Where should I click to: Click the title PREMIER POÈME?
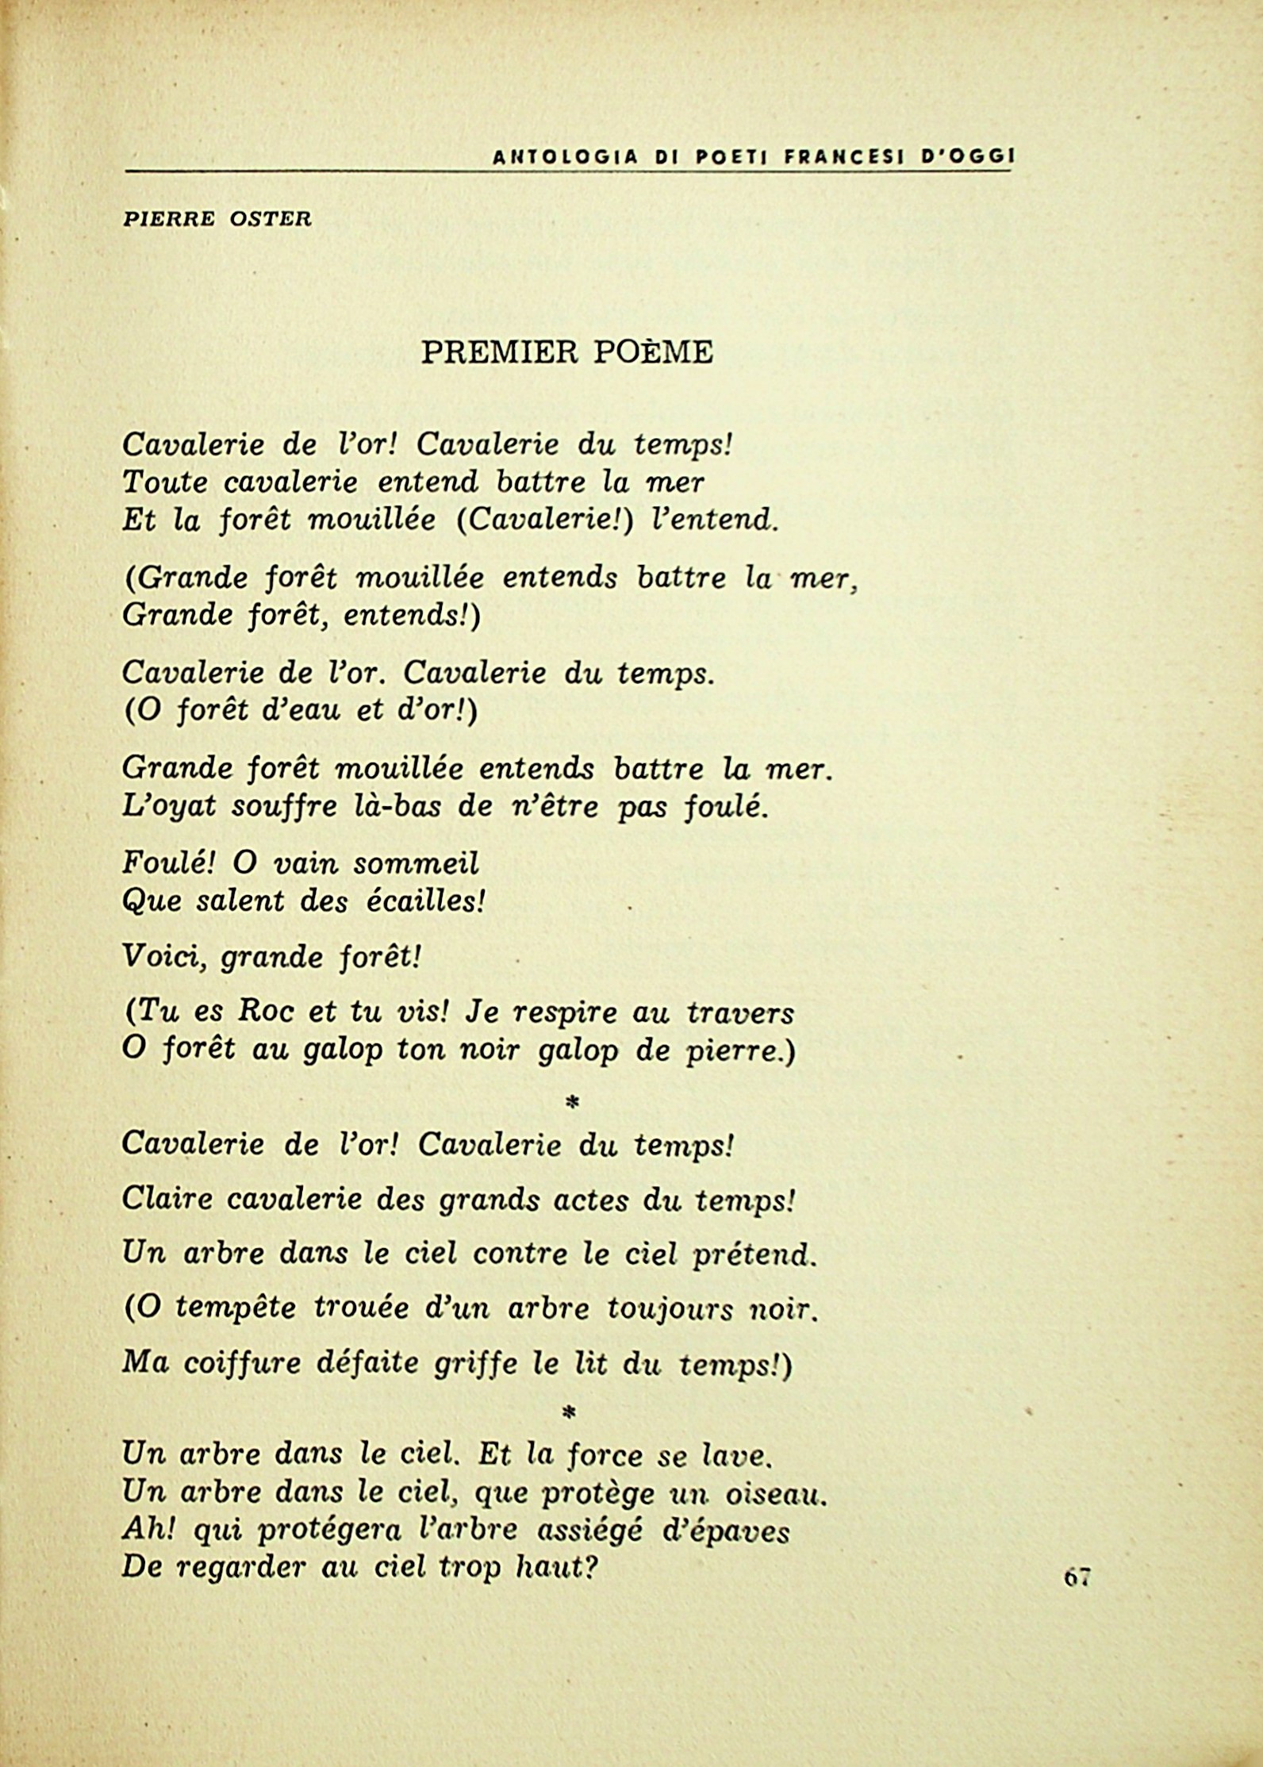[566, 351]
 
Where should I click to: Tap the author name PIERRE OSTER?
[217, 220]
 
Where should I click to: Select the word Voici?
[166, 958]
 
